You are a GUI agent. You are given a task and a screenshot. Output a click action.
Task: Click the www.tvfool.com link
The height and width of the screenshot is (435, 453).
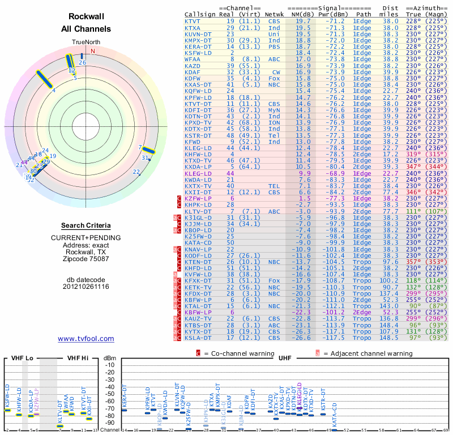pyautogui.click(x=86, y=339)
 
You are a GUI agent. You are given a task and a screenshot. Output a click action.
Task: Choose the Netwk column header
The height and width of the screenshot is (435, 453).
pyautogui.click(x=275, y=13)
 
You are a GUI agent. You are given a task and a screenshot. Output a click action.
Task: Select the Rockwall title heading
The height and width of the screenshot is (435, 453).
pyautogui.click(x=86, y=16)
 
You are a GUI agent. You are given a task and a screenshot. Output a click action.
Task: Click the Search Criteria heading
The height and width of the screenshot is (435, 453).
pyautogui.click(x=86, y=225)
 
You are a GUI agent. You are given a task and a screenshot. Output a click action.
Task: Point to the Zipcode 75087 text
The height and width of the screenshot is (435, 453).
pyautogui.click(x=86, y=259)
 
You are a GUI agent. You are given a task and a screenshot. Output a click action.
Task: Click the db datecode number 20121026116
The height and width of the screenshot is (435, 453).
pyautogui.click(x=86, y=287)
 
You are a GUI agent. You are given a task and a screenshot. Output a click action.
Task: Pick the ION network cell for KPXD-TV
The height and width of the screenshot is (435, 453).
pyautogui.click(x=275, y=122)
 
